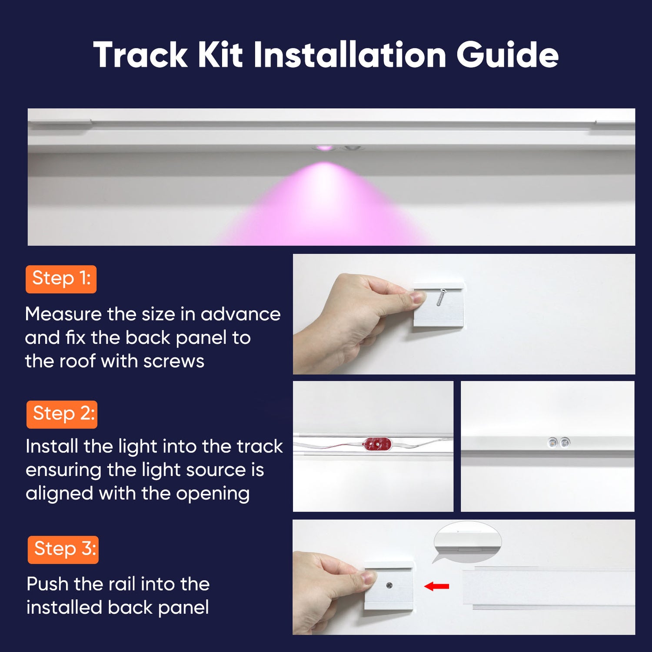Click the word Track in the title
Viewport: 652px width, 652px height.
pos(140,55)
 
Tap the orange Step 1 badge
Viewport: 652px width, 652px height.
pos(61,279)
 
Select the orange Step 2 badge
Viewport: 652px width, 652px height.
pos(62,414)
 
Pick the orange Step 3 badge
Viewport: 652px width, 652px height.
pos(63,549)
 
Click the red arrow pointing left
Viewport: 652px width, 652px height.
pos(436,586)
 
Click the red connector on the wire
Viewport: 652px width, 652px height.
pos(377,444)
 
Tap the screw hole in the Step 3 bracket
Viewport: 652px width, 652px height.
pos(389,585)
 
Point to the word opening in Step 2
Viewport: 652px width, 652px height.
pos(213,494)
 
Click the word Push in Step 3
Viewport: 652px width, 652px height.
pos(47,584)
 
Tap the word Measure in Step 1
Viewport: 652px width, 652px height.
pos(63,314)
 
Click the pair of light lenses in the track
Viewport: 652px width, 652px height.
pos(558,442)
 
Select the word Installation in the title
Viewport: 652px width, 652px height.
pos(349,55)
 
